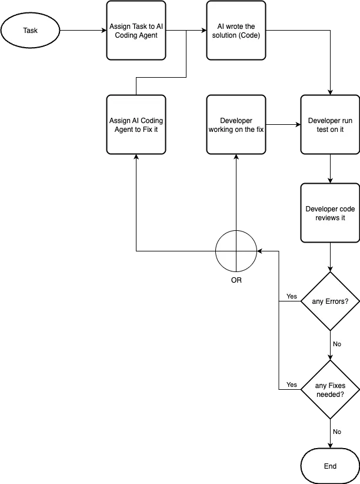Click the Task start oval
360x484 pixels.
coord(30,31)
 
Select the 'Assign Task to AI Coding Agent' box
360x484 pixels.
coord(136,31)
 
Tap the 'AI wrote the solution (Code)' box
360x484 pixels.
coord(236,31)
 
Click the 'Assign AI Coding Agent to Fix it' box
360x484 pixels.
coord(136,125)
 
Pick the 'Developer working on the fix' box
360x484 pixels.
coord(236,125)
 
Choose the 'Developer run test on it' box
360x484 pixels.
coord(330,125)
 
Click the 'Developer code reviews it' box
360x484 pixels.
coord(330,213)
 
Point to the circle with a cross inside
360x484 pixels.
coord(236,251)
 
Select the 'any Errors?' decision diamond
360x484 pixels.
coord(330,301)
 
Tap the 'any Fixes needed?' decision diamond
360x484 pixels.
coord(330,389)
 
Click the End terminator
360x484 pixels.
coord(330,466)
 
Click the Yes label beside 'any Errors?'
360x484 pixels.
coord(292,296)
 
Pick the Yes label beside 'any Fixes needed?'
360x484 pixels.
coord(292,384)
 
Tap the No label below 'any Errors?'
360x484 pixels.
coord(337,344)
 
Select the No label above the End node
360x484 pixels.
coord(337,432)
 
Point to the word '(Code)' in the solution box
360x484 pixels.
coord(249,35)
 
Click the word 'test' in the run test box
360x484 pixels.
coord(323,130)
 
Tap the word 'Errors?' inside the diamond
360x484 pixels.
coord(337,301)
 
